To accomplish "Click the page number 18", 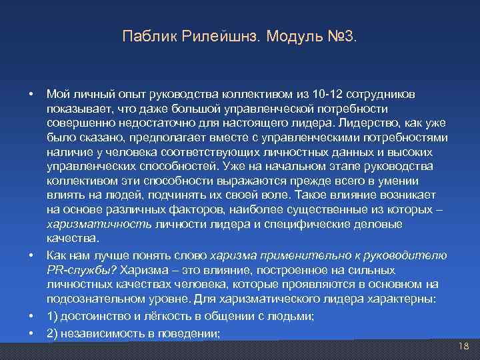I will click(464, 346).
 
